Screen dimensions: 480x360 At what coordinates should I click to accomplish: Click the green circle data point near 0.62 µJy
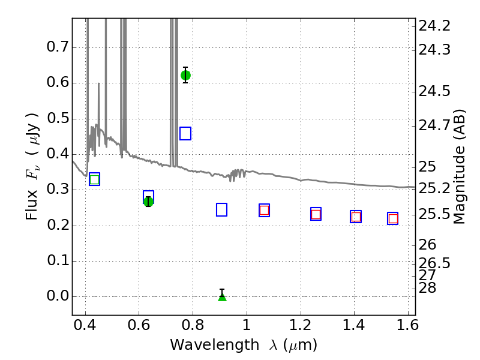(x=185, y=75)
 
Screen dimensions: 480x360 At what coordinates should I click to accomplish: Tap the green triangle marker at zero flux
(x=222, y=296)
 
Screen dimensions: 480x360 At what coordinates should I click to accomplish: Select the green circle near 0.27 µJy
(x=148, y=202)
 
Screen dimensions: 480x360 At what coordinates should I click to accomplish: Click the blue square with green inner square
(x=95, y=179)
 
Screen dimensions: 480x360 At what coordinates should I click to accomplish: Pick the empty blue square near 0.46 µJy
(x=185, y=133)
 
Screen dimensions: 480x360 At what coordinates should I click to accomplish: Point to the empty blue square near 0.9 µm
(x=221, y=209)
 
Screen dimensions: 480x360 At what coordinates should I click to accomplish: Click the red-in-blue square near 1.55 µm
(x=393, y=218)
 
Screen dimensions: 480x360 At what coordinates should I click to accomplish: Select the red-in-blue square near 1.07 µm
(x=264, y=211)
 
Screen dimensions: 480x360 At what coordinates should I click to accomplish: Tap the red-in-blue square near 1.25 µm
(x=316, y=214)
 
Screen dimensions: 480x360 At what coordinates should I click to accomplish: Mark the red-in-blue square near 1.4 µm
(x=356, y=217)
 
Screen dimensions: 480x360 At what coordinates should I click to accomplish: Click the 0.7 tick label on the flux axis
(x=57, y=47)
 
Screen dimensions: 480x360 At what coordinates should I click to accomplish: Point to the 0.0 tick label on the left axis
(x=57, y=296)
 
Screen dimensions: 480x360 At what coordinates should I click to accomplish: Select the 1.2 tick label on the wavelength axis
(x=301, y=325)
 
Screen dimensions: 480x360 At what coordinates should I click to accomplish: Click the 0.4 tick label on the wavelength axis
(x=85, y=325)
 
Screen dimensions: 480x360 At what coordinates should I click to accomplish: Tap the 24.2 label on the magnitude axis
(x=434, y=26)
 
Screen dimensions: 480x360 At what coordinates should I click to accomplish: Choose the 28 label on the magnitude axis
(x=427, y=288)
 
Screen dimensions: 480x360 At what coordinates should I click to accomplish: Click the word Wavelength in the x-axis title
(x=215, y=345)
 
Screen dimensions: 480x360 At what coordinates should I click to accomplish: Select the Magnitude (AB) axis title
(x=458, y=167)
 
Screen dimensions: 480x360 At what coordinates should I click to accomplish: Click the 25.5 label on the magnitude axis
(x=434, y=214)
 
